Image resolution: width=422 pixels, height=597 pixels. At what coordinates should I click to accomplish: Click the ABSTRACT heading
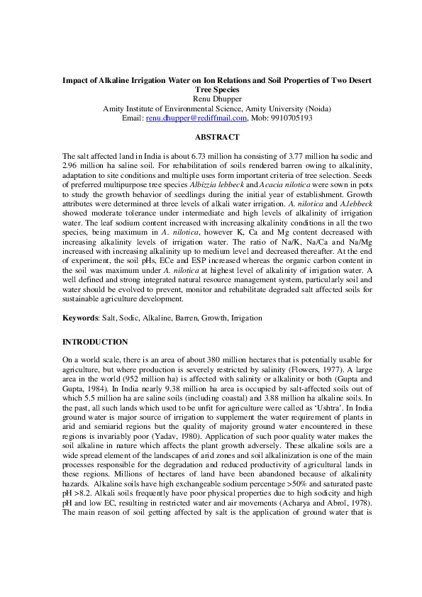pyautogui.click(x=211, y=137)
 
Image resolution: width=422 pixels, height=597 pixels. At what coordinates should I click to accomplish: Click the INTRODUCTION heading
pyautogui.click(x=96, y=342)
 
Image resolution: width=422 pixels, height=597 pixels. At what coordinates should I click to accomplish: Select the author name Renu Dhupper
pyautogui.click(x=211, y=99)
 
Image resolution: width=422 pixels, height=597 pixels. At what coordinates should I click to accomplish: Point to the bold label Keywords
pyautogui.click(x=80, y=318)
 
